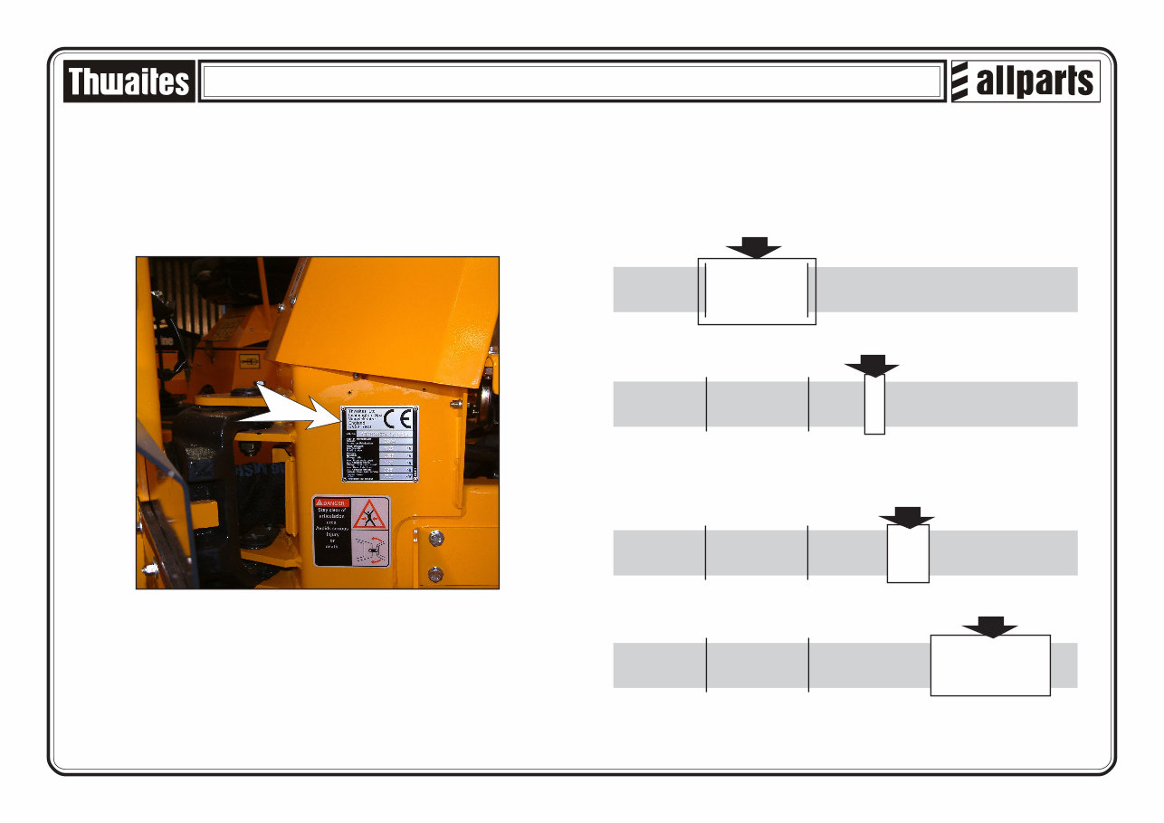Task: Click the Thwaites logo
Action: pyautogui.click(x=129, y=82)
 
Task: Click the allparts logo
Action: pyautogui.click(x=1026, y=82)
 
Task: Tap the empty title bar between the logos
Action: pyautogui.click(x=571, y=82)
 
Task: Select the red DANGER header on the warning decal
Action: pyautogui.click(x=331, y=502)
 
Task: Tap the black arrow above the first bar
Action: pyautogui.click(x=754, y=247)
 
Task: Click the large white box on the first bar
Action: pyautogui.click(x=757, y=291)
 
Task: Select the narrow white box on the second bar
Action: pyautogui.click(x=874, y=405)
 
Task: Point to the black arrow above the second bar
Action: pyautogui.click(x=873, y=365)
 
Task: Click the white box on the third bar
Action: pyautogui.click(x=908, y=553)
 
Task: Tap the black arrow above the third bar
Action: pyautogui.click(x=907, y=516)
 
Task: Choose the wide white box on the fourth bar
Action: pyautogui.click(x=990, y=665)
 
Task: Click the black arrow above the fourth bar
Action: pyautogui.click(x=990, y=627)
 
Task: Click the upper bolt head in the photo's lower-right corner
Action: pyautogui.click(x=436, y=538)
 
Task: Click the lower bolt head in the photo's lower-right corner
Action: pyautogui.click(x=436, y=572)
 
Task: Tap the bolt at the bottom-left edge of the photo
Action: pyautogui.click(x=148, y=570)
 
